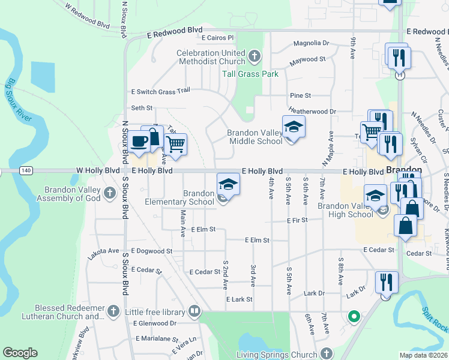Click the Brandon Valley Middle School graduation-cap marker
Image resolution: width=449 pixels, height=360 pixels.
294,127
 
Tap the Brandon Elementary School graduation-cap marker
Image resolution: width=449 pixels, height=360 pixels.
228,184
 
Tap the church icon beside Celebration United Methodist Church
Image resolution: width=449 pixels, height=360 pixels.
255,57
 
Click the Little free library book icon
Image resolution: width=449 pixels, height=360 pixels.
194,311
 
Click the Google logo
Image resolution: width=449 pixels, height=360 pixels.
20,353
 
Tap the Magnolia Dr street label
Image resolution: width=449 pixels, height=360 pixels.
311,43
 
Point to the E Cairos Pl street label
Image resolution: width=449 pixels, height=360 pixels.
217,37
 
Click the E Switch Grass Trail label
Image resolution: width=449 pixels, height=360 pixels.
160,91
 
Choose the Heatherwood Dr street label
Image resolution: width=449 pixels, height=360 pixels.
312,111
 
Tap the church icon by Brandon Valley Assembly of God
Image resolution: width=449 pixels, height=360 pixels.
109,193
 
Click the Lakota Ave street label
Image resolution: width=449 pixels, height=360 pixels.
104,250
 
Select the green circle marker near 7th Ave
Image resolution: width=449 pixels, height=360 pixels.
354,316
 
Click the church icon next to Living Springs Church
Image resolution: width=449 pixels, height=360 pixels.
326,354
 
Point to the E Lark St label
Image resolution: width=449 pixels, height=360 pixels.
240,299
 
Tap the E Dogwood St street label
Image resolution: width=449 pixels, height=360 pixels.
151,251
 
